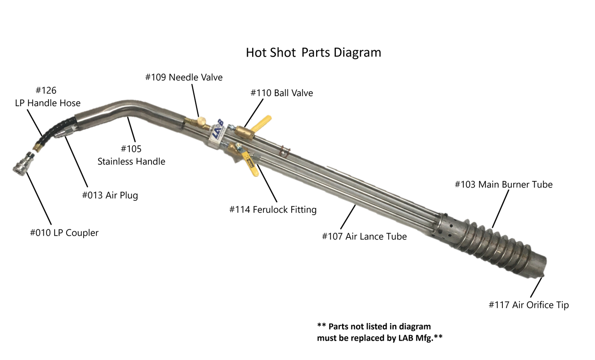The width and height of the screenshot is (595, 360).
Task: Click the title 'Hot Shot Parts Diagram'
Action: pyautogui.click(x=313, y=52)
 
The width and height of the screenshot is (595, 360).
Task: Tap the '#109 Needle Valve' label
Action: pyautogui.click(x=184, y=77)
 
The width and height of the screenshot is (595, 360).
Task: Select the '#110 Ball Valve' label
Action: pyautogui.click(x=282, y=93)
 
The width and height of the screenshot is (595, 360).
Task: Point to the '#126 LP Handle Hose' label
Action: pyautogui.click(x=47, y=97)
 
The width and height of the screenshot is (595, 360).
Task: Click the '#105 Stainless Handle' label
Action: pyautogui.click(x=131, y=155)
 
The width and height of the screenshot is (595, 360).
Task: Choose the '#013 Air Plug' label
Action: pyautogui.click(x=110, y=195)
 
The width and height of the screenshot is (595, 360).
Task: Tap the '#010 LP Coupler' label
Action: pyautogui.click(x=64, y=233)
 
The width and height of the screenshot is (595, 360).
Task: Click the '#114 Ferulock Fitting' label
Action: pyautogui.click(x=273, y=210)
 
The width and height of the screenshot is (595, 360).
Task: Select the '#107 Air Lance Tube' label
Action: pyautogui.click(x=364, y=236)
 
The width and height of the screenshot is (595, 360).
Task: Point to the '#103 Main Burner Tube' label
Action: pyautogui.click(x=503, y=184)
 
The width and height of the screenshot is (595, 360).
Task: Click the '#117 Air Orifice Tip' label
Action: pyautogui.click(x=528, y=305)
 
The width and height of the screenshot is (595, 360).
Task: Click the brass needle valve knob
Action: pyautogui.click(x=201, y=121)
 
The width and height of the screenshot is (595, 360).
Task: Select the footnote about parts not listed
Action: pyautogui.click(x=380, y=332)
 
